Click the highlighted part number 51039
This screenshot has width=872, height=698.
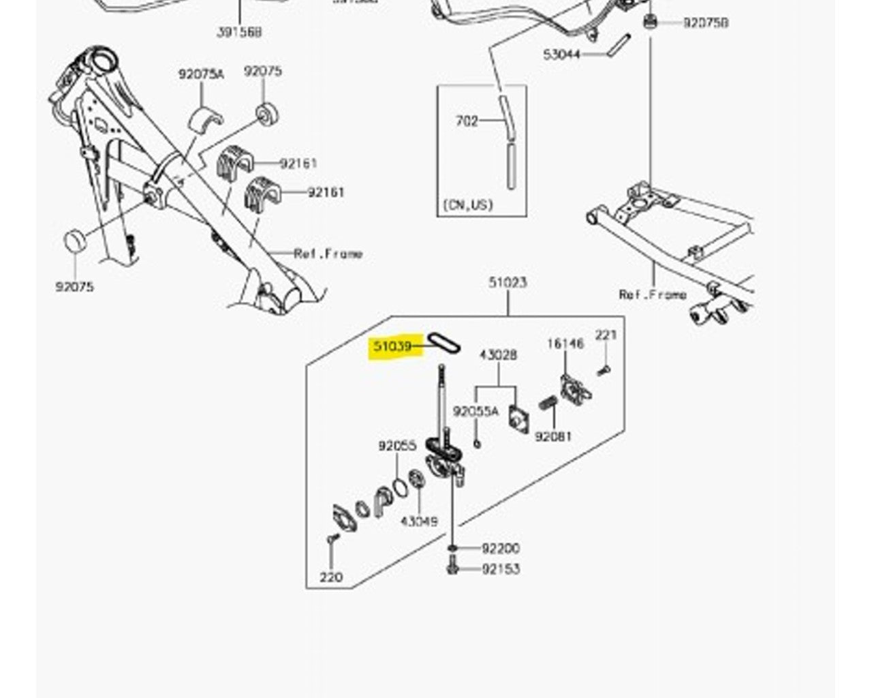[x=392, y=346]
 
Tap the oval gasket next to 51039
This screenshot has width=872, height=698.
[x=444, y=342]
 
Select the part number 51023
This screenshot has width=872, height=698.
[x=508, y=282]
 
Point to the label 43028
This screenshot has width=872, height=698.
[x=498, y=355]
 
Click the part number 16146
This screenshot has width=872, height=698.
[x=565, y=344]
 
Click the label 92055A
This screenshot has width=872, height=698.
[x=476, y=411]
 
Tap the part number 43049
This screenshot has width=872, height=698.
[x=419, y=521]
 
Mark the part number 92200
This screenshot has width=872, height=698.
[x=501, y=548]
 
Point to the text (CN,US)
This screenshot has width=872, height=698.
[x=468, y=204]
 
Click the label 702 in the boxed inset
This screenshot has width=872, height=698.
[x=467, y=121]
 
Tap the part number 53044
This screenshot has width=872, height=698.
[x=561, y=54]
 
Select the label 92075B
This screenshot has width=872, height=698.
[x=706, y=23]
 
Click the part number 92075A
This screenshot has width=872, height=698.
[x=201, y=74]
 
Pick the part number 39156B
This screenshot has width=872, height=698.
[x=239, y=32]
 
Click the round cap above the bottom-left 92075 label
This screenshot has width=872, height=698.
[x=74, y=241]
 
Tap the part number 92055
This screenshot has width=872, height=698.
[x=397, y=446]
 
